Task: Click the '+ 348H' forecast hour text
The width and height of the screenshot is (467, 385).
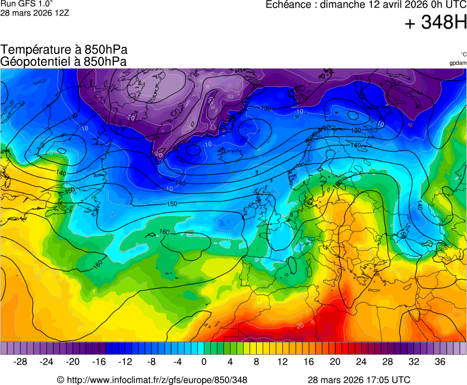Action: click(x=436, y=23)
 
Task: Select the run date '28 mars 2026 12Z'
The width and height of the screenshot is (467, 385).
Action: click(x=34, y=12)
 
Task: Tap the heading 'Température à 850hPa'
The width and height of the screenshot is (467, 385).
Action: click(x=64, y=50)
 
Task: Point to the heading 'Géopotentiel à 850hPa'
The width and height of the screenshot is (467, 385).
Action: click(x=64, y=61)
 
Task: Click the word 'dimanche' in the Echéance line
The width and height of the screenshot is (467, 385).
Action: click(x=343, y=5)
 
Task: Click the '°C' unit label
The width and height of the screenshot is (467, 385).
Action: click(x=463, y=54)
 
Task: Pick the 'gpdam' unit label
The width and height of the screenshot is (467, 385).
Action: click(x=457, y=63)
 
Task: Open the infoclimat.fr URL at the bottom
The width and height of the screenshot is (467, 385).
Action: click(x=152, y=380)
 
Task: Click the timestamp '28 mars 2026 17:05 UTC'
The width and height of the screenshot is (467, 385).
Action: click(x=359, y=380)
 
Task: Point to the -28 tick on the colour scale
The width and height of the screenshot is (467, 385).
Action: click(x=21, y=361)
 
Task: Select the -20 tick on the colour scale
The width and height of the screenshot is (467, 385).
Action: click(x=72, y=361)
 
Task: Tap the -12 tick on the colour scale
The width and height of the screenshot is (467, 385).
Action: click(x=125, y=361)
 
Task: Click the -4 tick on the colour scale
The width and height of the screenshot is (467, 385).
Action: click(x=178, y=361)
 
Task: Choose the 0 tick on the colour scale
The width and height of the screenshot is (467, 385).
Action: click(x=204, y=361)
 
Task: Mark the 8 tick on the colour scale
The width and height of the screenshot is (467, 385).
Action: click(x=256, y=361)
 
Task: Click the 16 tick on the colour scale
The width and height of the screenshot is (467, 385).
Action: click(x=309, y=361)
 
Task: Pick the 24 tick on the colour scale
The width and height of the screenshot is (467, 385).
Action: click(x=361, y=361)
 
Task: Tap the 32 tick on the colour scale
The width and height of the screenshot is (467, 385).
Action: click(x=414, y=361)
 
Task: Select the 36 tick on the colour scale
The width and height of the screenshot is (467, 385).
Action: click(x=440, y=361)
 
